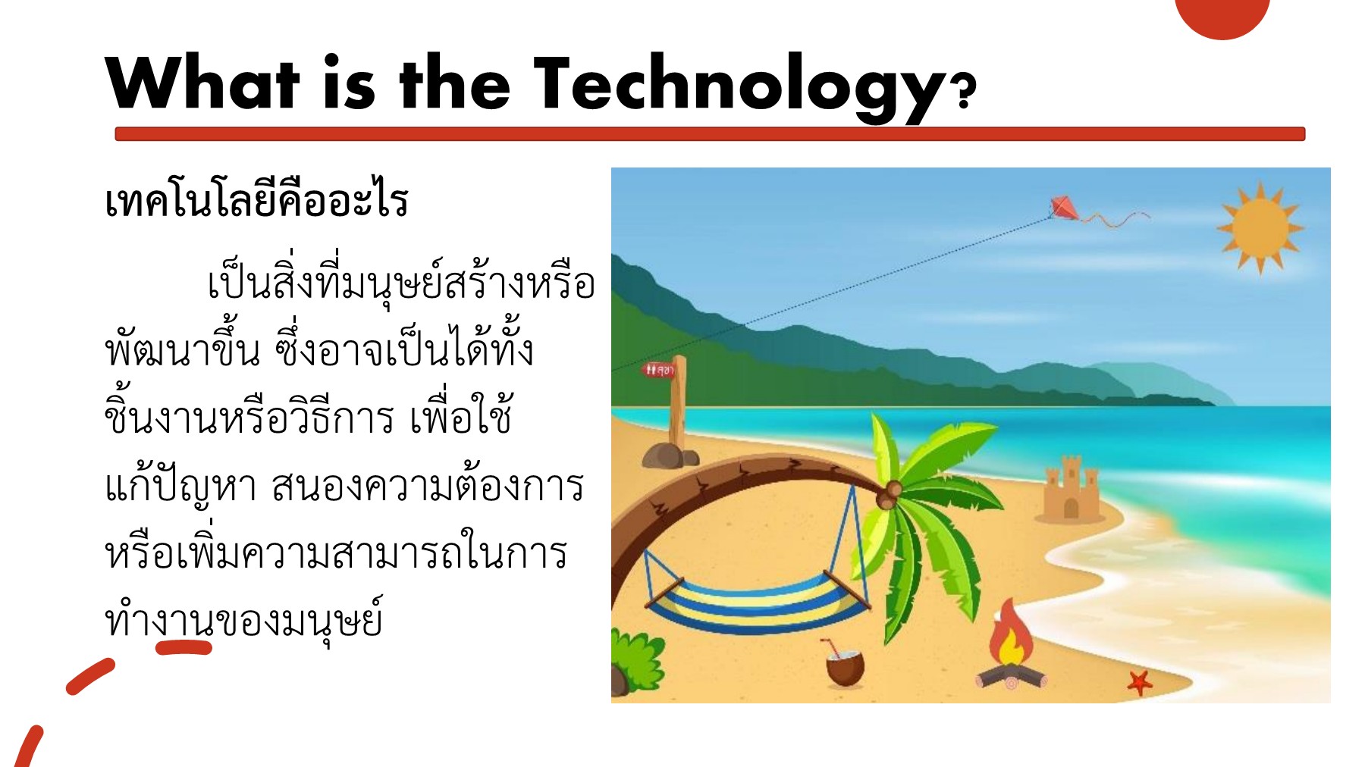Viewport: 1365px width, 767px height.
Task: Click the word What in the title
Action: tap(202, 83)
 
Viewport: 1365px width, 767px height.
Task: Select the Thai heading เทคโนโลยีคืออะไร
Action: tap(256, 200)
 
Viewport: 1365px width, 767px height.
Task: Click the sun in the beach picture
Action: tap(1260, 227)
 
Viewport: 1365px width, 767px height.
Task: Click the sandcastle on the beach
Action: tap(1070, 490)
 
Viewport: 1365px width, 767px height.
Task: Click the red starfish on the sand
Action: tap(1138, 681)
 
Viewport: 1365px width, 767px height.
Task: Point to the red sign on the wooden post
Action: tap(659, 370)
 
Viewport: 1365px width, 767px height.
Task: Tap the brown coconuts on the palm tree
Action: tap(890, 493)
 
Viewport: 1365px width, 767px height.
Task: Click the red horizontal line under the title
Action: tap(710, 134)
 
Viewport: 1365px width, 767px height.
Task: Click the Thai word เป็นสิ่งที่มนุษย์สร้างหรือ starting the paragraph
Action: tap(401, 281)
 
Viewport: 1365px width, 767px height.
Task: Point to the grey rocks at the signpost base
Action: tap(670, 456)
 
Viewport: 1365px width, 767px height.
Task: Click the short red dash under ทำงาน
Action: tap(184, 647)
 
